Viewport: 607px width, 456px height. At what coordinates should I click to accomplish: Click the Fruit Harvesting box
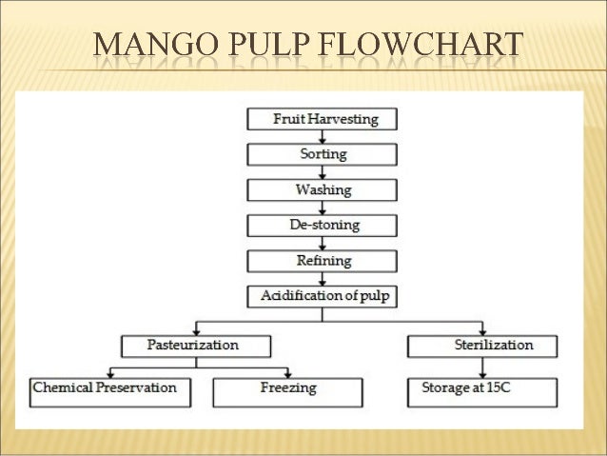[324, 120]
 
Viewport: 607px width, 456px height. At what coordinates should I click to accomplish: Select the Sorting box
[324, 154]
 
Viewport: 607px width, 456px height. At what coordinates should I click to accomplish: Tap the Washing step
[324, 189]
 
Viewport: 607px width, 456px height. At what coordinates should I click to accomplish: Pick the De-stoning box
[324, 225]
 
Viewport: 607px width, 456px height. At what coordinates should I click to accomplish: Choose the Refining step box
[324, 260]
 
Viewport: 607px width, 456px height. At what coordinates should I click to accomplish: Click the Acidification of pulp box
[324, 295]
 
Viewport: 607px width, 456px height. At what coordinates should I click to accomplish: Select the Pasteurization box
[195, 345]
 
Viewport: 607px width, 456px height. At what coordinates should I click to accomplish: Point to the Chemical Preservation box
[106, 388]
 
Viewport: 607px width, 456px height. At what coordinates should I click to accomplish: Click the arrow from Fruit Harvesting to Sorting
[324, 137]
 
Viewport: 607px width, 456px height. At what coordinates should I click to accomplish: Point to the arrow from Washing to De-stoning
[324, 207]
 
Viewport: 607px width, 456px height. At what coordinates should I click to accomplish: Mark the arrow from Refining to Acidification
[324, 277]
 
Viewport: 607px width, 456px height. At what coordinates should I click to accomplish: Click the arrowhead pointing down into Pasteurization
[195, 329]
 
